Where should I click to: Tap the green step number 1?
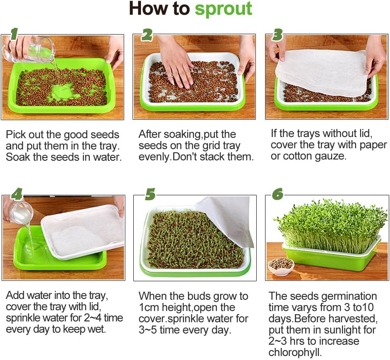coord(14,34)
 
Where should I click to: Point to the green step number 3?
coord(277,35)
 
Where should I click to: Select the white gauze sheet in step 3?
coord(326,72)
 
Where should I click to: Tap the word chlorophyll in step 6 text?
coord(295,352)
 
